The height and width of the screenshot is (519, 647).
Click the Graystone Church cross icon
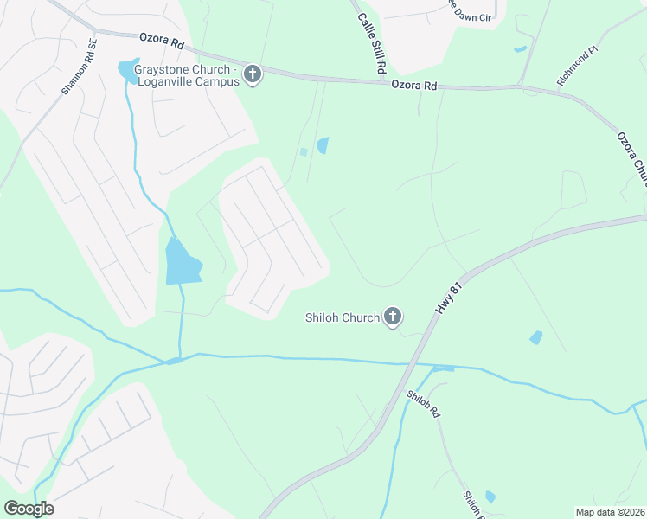point(253,75)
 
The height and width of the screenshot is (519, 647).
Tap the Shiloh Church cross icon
point(393,317)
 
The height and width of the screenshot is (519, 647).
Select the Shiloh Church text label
point(343,317)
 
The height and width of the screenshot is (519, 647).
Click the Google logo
point(28,509)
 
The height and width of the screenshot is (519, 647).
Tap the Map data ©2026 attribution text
point(610,512)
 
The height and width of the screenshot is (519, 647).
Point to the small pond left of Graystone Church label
point(129,71)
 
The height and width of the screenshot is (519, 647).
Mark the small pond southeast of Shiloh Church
point(536,337)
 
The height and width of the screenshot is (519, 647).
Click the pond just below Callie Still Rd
point(323,145)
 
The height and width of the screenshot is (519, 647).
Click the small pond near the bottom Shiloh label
point(490,497)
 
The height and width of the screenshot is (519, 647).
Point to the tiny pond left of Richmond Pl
point(520,49)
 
